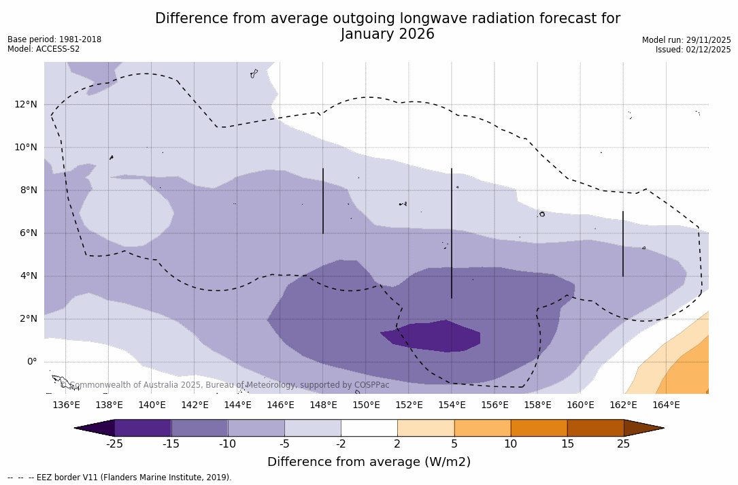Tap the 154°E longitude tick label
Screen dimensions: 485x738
pos(452,405)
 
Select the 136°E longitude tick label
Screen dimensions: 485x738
pos(66,405)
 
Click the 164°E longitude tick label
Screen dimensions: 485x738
pos(666,405)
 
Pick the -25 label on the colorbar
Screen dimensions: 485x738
pos(114,444)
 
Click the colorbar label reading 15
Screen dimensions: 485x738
pos(567,444)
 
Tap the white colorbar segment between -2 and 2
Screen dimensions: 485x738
pos(369,428)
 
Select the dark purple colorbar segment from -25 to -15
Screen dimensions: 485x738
pos(143,428)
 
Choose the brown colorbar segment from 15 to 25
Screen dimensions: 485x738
pos(595,428)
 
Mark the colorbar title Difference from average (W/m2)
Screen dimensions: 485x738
pos(369,463)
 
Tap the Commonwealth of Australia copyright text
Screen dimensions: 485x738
pos(224,385)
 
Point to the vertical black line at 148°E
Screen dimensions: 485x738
pos(323,201)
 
